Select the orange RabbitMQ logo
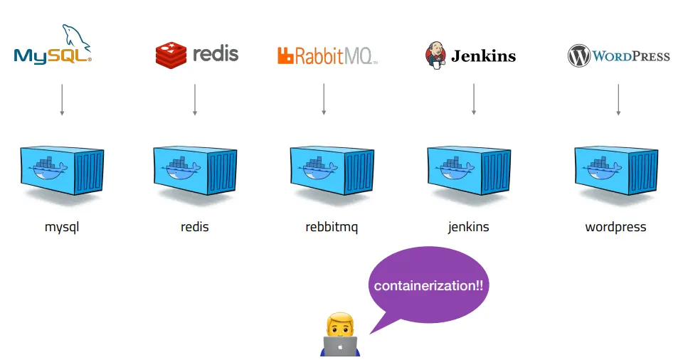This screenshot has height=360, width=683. [x=327, y=55]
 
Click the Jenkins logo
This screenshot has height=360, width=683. [x=470, y=55]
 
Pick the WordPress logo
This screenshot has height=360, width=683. [x=618, y=55]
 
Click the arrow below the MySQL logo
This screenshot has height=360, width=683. [x=62, y=100]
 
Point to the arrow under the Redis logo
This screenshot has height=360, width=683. [x=194, y=100]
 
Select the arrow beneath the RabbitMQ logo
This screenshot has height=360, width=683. [x=324, y=100]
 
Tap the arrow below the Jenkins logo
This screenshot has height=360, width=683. [x=473, y=100]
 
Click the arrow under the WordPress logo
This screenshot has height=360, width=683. [x=618, y=100]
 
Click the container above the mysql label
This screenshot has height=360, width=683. [x=62, y=171]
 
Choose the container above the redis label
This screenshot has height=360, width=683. [x=195, y=171]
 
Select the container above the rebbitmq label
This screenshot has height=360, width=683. [x=331, y=171]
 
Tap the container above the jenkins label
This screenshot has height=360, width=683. [x=468, y=171]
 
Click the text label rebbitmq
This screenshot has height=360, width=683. [x=332, y=228]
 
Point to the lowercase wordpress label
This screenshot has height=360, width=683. [x=615, y=228]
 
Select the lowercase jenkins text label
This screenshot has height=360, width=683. [x=468, y=228]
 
